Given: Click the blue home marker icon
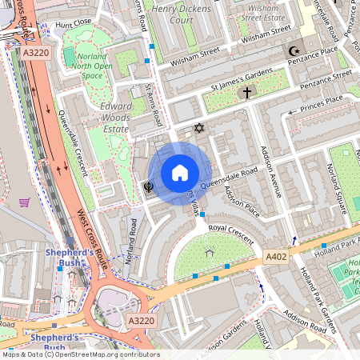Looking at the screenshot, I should point(180,173).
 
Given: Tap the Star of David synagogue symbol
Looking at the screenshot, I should point(200,128).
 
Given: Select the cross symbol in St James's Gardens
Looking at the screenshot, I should point(247,93).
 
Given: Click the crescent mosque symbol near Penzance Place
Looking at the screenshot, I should point(294,52).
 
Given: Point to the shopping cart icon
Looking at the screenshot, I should point(24,202).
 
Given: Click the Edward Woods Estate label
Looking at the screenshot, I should point(115,117).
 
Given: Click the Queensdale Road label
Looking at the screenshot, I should point(229,178).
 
